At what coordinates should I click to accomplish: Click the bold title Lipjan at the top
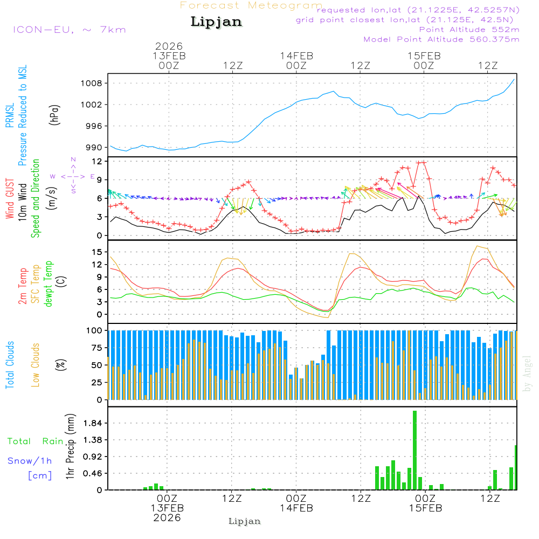[216, 22]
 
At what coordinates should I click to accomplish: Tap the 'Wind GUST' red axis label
[10, 199]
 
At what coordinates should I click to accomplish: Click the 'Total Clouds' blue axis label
[10, 365]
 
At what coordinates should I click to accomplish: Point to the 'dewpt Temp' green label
[48, 284]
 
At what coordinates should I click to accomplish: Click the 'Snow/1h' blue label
[30, 461]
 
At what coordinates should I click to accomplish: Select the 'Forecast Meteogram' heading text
[251, 5]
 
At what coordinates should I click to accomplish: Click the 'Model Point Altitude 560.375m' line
[441, 39]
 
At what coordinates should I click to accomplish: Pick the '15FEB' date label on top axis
[424, 56]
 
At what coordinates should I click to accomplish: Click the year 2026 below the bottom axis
[167, 517]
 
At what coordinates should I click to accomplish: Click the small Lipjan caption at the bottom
[245, 521]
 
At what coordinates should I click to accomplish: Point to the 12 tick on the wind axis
[98, 161]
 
